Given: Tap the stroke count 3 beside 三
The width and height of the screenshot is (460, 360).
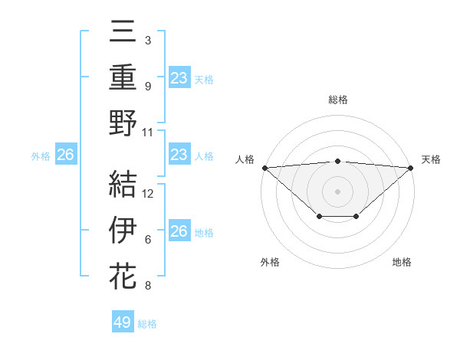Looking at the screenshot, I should click(147, 40).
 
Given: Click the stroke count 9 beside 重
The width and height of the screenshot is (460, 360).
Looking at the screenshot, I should click(147, 86).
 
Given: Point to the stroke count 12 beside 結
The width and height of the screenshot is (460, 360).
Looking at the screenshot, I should click(149, 193).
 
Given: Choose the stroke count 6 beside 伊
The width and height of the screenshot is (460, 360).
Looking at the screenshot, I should click(147, 239).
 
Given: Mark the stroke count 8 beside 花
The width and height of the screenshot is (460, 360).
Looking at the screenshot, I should click(147, 286).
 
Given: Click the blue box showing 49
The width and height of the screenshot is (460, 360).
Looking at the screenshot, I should click(123, 322).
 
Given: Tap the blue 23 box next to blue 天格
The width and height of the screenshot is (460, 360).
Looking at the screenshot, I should click(179, 78).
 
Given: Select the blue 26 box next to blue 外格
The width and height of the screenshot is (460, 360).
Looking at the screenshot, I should click(66, 155).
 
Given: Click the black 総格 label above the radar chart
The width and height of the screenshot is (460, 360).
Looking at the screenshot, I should click(337, 100).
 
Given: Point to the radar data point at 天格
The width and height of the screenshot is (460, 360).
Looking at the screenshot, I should click(411, 168).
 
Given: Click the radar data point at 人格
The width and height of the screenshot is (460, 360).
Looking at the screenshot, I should click(264, 168).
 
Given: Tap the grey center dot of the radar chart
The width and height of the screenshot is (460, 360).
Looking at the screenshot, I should click(337, 191).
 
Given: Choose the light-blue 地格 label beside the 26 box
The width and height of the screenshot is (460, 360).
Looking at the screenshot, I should click(204, 233).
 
